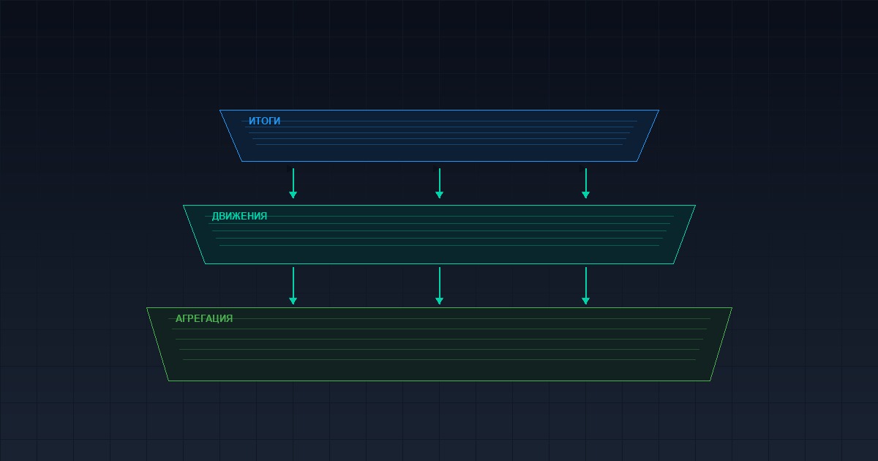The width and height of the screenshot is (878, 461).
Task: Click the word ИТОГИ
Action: [x=265, y=121]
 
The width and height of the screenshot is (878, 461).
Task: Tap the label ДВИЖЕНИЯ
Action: [x=239, y=216]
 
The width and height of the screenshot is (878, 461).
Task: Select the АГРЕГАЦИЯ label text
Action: [x=204, y=318]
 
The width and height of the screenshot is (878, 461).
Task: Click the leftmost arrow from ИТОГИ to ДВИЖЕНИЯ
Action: [x=293, y=184]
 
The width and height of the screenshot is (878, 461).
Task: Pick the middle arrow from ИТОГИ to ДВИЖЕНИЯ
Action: [x=440, y=184]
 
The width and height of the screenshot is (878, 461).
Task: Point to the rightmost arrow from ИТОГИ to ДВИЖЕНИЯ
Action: [x=586, y=184]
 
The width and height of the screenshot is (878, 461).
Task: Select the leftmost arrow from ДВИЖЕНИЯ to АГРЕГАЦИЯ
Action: [x=293, y=286]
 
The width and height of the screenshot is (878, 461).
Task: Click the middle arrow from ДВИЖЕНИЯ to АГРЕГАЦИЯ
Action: [x=440, y=286]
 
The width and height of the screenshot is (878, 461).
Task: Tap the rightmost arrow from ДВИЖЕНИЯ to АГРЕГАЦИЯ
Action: [x=586, y=286]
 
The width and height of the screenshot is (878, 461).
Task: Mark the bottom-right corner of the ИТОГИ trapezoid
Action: [x=637, y=161]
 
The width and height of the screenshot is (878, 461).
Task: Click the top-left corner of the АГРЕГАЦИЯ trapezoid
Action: [x=146, y=308]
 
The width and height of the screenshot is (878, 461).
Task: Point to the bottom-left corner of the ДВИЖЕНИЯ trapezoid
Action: [x=205, y=264]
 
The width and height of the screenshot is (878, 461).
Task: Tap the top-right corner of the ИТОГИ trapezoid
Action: [x=659, y=110]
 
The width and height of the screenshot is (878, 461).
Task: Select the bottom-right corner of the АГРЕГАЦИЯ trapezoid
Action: [x=710, y=381]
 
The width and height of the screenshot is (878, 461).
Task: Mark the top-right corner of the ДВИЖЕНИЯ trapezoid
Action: [x=695, y=205]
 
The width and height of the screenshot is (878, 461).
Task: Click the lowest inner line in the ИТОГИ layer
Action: [x=440, y=145]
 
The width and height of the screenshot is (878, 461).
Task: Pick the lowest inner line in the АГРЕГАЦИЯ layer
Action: [x=440, y=359]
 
